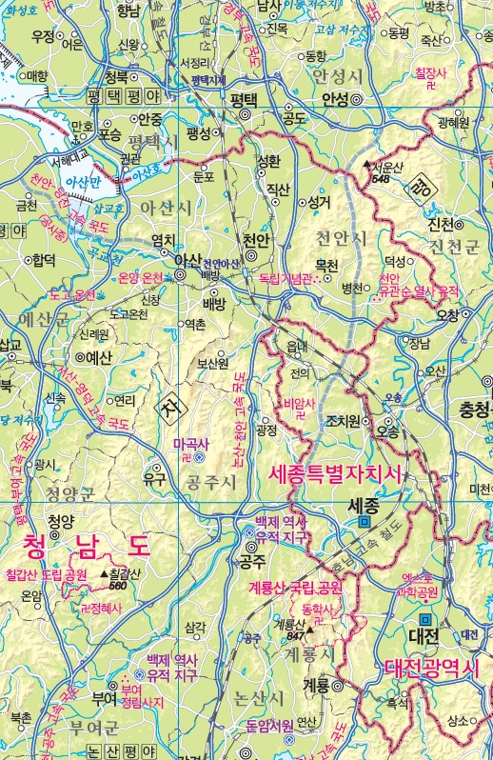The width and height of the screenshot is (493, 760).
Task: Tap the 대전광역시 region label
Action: pos(432,670)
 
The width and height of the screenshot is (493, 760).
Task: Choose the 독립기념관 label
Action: pos(286,279)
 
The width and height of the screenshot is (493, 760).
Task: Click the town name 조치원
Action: pos(344,420)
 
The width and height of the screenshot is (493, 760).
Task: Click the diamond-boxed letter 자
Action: pos(171,410)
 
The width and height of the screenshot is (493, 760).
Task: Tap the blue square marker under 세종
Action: pos(364,522)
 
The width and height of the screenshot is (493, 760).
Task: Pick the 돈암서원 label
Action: pos(268,726)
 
